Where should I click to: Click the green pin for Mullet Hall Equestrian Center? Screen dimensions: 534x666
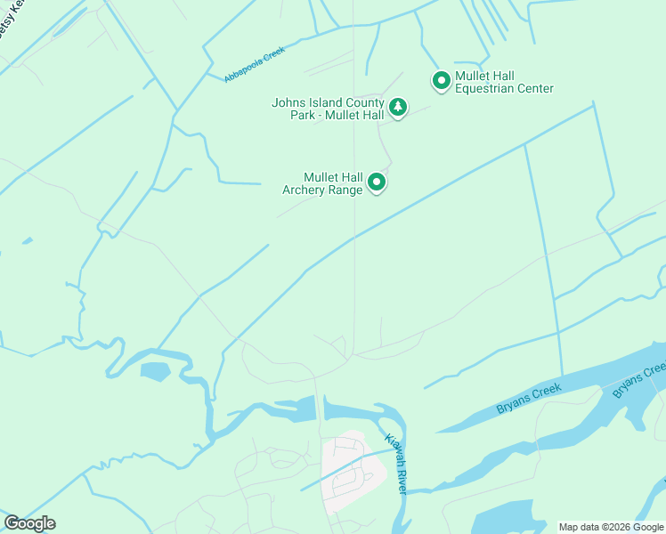point(441,81)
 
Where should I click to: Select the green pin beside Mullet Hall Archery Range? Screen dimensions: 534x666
point(378,182)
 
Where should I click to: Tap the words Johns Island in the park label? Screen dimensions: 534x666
point(305,102)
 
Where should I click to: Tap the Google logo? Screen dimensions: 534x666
point(29,523)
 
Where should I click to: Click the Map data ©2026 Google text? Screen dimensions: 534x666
point(612,527)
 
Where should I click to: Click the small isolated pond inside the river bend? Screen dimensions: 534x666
point(154,371)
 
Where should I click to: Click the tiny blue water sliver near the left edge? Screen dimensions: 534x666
point(27,240)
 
